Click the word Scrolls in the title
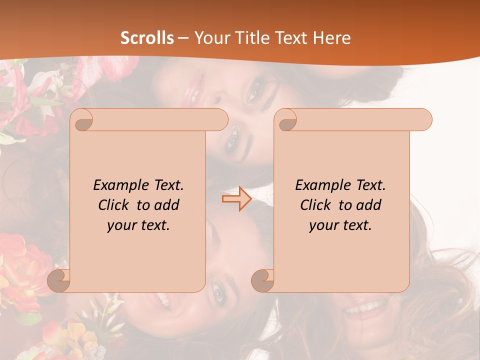pos(147,38)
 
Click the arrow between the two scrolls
pos(236,198)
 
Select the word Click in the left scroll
pos(109,205)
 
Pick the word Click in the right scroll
pos(311,205)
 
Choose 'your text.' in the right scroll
pos(340,225)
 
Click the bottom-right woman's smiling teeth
pos(367,306)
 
